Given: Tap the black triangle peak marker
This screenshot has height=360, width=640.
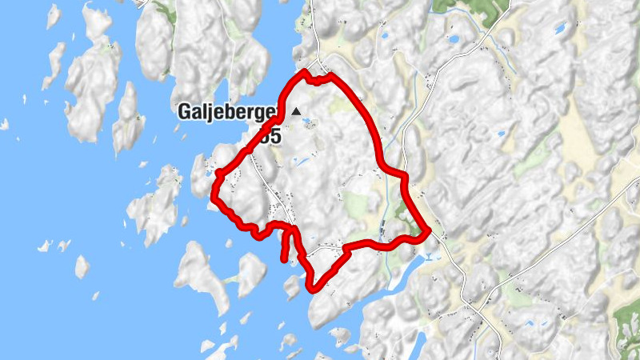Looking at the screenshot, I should tap(298, 112).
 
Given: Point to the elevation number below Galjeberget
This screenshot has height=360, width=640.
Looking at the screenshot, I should tap(270, 137).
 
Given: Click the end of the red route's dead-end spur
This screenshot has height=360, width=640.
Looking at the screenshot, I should tap(284, 258).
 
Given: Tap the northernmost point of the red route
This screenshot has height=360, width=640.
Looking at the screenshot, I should tap(305, 72).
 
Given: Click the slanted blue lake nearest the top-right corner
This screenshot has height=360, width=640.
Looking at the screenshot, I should tap(560, 29).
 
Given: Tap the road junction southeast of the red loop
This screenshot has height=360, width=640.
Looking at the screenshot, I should tap(474, 306).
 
